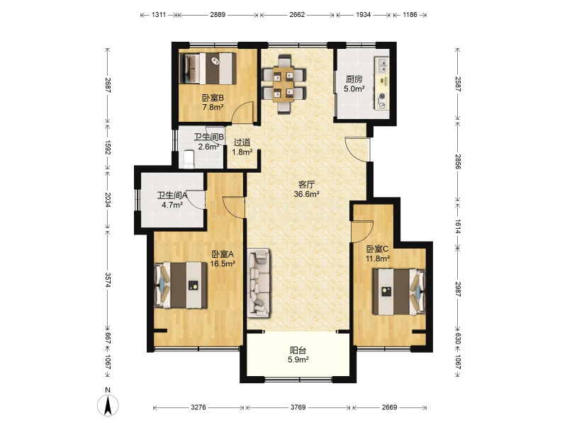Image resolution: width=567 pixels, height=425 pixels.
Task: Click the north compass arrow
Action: point(108,405)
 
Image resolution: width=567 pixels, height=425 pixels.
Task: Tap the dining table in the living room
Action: point(283,84)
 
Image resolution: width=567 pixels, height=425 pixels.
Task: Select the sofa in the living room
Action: point(259,283)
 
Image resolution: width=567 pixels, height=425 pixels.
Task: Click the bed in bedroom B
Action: point(208,69)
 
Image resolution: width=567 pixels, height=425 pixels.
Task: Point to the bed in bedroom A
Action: point(181,285)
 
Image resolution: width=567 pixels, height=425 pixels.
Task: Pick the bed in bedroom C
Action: point(399,291)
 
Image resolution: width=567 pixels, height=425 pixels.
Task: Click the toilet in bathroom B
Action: point(189,159)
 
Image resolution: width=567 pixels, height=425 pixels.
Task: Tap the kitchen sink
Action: point(382,66)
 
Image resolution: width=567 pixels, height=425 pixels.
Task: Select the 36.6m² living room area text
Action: point(307,194)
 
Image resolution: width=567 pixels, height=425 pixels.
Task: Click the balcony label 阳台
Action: point(298,350)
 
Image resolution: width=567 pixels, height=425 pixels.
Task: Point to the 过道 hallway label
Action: point(242,143)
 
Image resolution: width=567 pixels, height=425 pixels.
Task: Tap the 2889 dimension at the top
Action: point(218,15)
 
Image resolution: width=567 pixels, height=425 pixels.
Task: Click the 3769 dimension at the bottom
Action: point(298,407)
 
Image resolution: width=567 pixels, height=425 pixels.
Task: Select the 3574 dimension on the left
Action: point(108,280)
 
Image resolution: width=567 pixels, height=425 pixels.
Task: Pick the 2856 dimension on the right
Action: point(458,161)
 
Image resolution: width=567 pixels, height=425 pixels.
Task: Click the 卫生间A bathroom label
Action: point(172,195)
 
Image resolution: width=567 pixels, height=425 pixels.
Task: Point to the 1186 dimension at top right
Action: point(410,15)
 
